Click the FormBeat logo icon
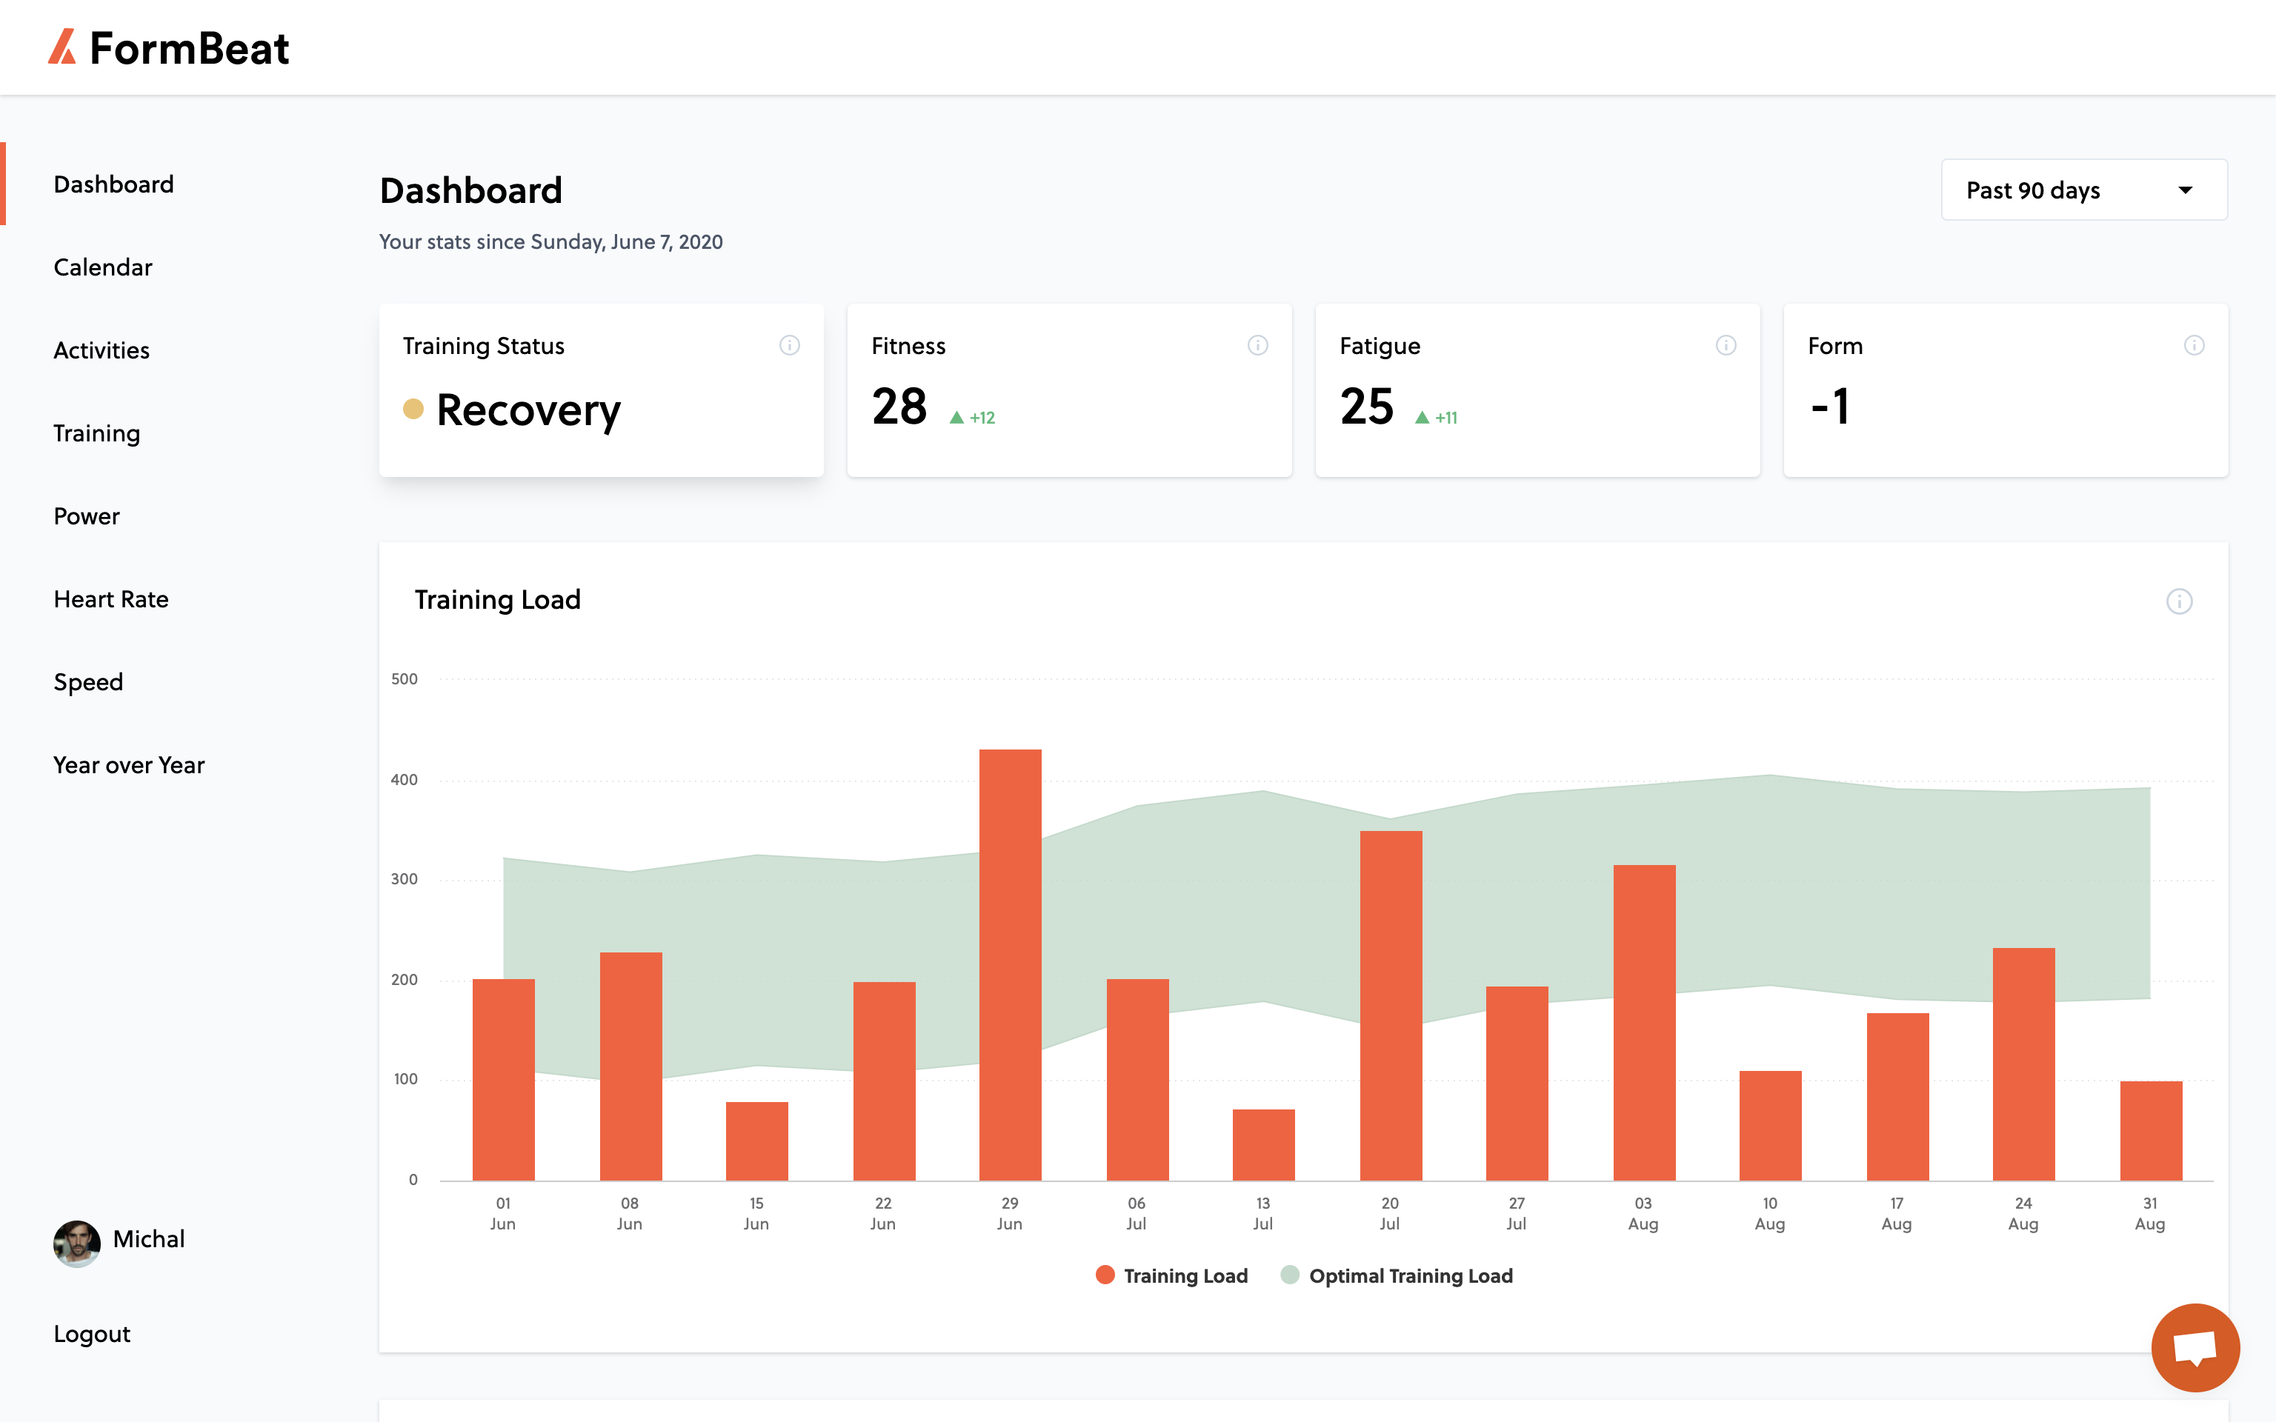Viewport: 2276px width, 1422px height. (x=62, y=47)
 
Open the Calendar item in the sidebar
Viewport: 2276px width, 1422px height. (x=102, y=267)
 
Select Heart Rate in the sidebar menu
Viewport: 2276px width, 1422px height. (x=111, y=599)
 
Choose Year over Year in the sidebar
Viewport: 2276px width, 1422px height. (x=129, y=764)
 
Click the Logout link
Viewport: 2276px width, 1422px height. (x=92, y=1334)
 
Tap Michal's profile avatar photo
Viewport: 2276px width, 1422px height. (x=77, y=1244)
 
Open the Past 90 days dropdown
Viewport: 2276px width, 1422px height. (x=2084, y=190)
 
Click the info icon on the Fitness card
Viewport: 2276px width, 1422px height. (x=1257, y=345)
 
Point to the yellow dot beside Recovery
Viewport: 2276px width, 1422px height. (x=413, y=408)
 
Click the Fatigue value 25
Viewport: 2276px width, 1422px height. (x=1366, y=407)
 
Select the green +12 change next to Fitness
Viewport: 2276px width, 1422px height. (x=973, y=418)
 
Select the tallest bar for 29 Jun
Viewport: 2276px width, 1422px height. (x=1010, y=965)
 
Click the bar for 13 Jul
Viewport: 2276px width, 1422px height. (x=1264, y=1144)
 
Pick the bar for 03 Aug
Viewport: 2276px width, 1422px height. (x=1644, y=1022)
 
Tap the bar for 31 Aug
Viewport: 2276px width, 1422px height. (x=2151, y=1130)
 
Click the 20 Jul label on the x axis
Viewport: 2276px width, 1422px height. (x=1390, y=1213)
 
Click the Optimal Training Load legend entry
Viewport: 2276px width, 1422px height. (x=1397, y=1275)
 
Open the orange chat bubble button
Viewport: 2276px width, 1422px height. (x=2195, y=1346)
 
